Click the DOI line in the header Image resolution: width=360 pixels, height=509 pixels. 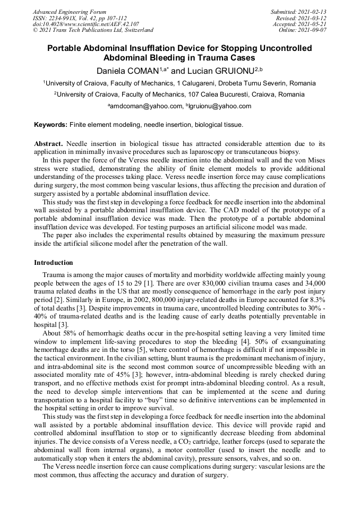click(x=86, y=24)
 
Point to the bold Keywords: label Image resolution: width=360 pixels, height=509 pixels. click(x=51, y=125)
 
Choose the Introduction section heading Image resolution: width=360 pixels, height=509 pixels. click(x=54, y=263)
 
